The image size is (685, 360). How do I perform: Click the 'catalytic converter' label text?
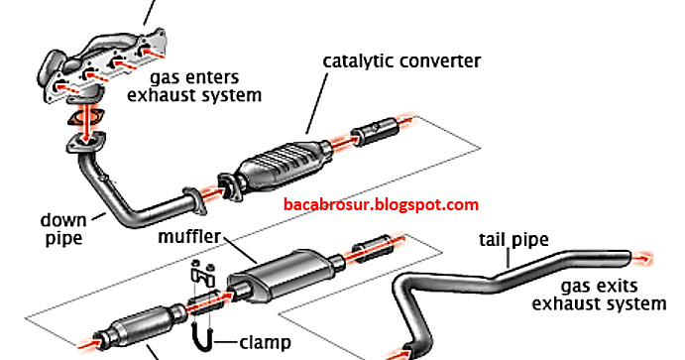(401, 61)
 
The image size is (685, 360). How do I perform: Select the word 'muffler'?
(189, 236)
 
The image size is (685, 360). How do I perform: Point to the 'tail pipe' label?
(514, 240)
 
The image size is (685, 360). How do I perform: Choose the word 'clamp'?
(265, 342)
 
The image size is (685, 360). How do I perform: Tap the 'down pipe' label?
(63, 230)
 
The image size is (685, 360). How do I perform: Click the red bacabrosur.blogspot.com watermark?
(381, 204)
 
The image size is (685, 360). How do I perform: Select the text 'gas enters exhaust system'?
(194, 86)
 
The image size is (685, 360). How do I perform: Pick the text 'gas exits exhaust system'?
(599, 296)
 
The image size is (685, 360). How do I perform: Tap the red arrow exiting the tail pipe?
(642, 259)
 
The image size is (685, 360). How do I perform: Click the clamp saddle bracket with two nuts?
(203, 273)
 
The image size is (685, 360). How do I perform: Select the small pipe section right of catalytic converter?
(375, 131)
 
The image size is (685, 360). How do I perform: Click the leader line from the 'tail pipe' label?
(509, 258)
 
